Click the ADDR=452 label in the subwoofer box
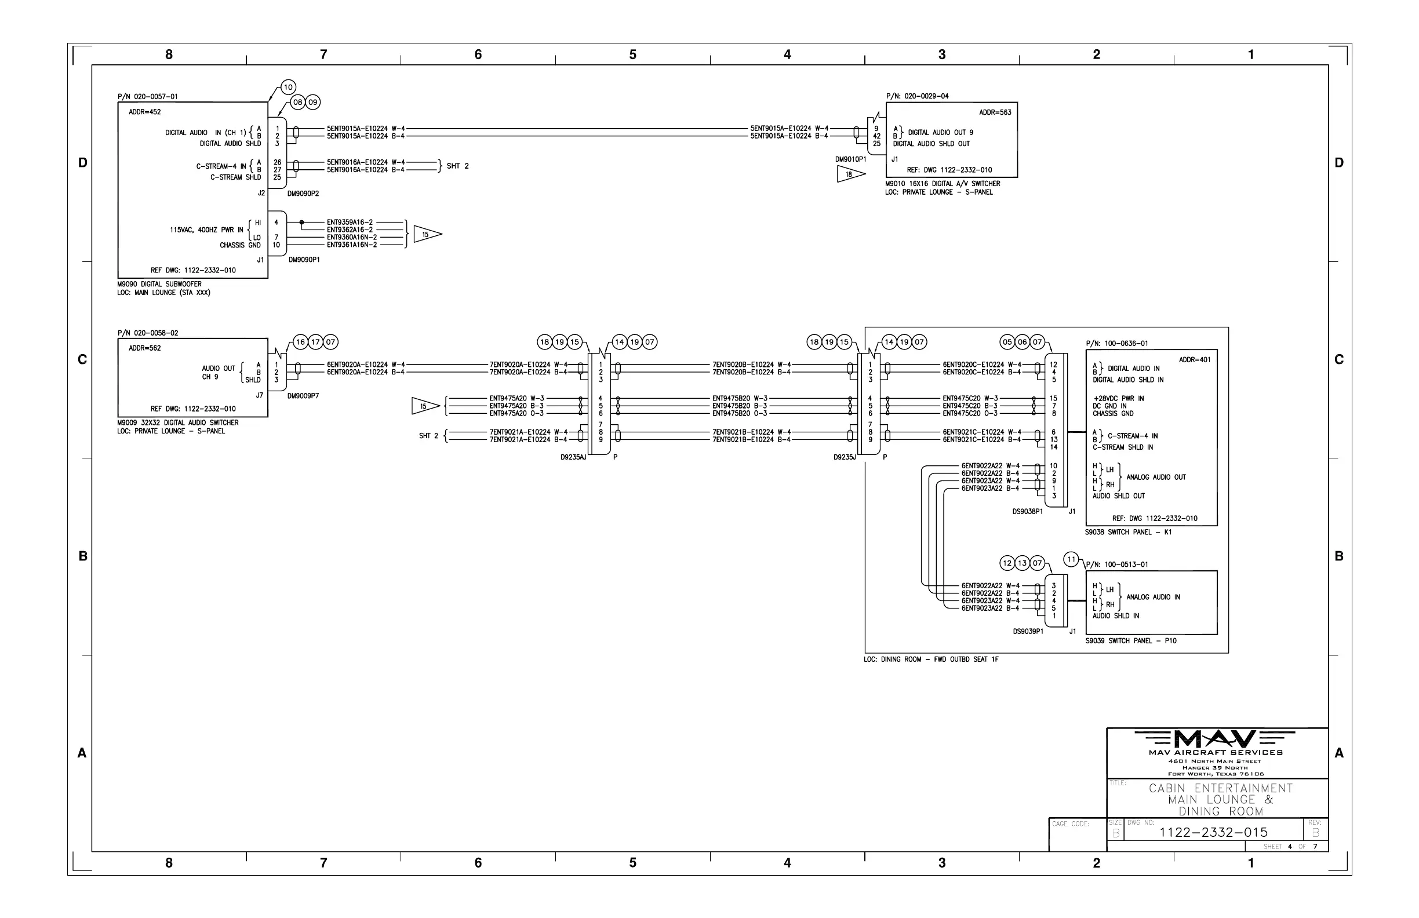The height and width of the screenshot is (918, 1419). (145, 112)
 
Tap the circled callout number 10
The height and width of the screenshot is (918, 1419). (288, 88)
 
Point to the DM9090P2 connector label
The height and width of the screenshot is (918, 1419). (303, 194)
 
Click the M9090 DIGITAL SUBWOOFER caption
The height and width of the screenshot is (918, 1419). (159, 285)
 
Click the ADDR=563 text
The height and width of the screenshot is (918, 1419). (995, 112)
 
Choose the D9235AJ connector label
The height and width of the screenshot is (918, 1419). (573, 457)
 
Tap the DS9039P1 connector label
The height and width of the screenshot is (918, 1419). (1028, 631)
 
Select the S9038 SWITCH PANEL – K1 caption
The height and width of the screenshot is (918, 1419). (1128, 533)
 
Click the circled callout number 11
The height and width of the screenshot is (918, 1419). (1071, 559)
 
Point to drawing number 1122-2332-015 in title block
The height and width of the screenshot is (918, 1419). (1213, 832)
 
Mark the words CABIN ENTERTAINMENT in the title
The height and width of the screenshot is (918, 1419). (1220, 788)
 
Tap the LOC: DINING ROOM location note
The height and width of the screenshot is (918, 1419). (931, 660)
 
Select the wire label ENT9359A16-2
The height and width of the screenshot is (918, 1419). (350, 223)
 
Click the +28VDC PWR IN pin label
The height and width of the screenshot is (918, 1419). (1118, 399)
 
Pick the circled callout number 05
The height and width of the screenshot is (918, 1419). (1007, 342)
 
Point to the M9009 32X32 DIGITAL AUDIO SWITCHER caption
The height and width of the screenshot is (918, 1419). (178, 422)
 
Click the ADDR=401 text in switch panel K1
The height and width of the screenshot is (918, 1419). (1194, 360)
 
